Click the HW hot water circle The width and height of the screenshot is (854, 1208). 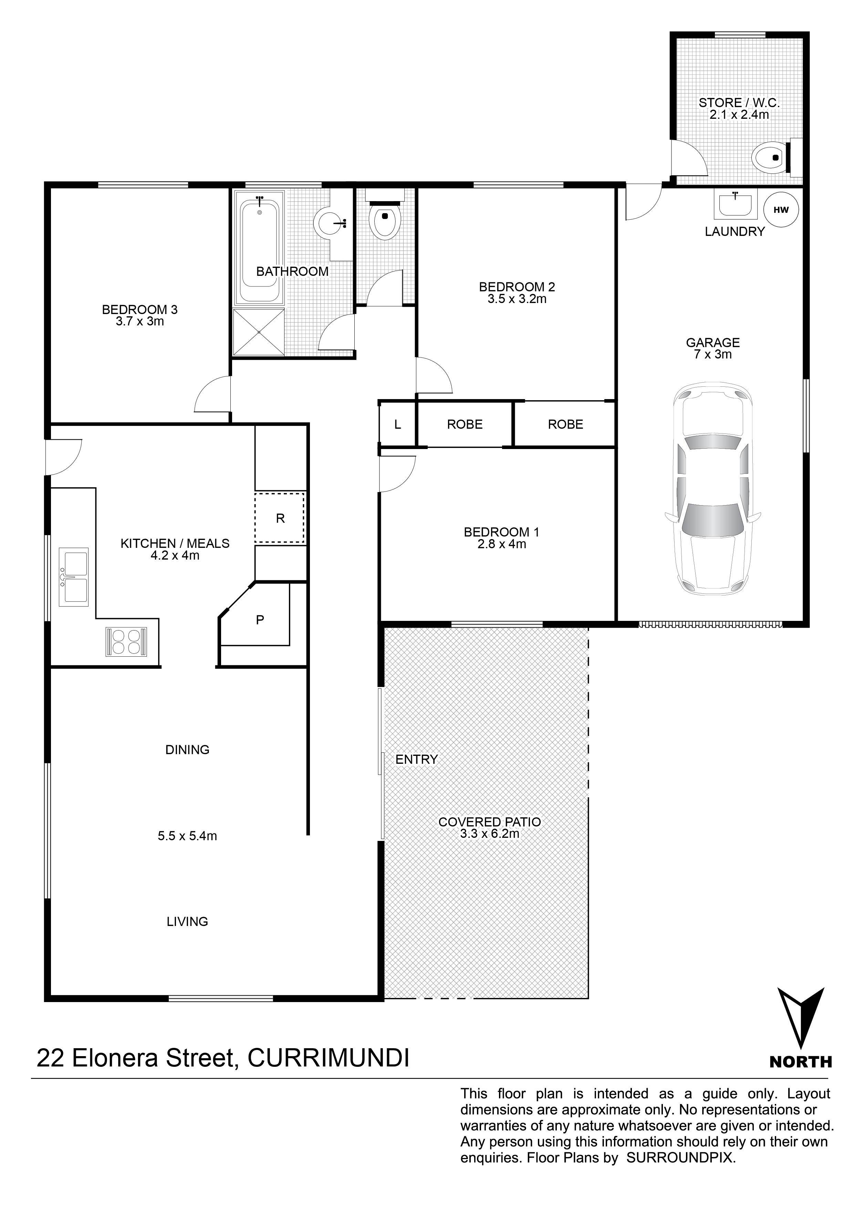[781, 209]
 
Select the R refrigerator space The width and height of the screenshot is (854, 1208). [280, 518]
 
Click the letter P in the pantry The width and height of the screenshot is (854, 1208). [260, 620]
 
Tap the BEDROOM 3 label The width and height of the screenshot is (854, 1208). [140, 309]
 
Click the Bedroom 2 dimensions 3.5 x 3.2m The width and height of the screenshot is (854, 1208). [517, 299]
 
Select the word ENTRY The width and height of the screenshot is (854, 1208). [417, 759]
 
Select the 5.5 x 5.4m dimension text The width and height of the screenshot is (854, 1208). [187, 835]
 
